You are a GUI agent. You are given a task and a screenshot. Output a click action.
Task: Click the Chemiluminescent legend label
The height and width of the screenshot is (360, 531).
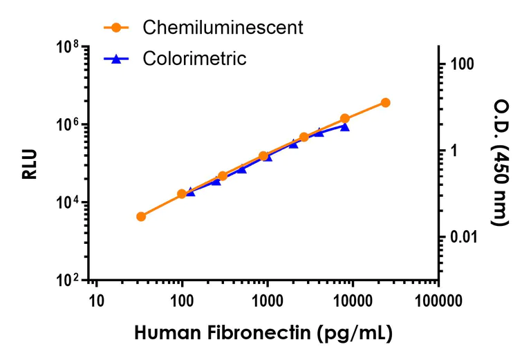223,28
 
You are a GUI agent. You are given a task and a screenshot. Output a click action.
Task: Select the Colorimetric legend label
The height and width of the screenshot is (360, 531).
194,59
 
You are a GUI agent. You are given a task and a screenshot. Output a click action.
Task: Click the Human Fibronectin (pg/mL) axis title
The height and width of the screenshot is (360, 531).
263,334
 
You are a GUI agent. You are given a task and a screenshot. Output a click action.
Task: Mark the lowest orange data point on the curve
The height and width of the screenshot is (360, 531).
141,216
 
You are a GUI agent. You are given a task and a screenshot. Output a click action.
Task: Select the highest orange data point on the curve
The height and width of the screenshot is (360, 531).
385,102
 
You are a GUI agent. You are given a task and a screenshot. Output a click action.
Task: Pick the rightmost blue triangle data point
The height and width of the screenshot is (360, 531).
344,126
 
